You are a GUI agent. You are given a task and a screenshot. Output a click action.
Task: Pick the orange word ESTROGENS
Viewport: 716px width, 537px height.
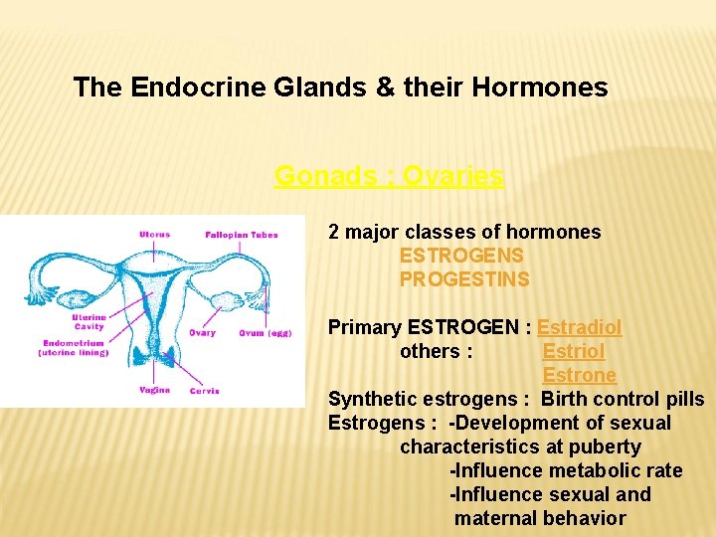(461, 256)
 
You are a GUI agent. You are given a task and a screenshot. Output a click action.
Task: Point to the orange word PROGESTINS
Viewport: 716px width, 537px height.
(464, 279)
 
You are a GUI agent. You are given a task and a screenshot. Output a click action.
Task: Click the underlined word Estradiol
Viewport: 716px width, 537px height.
(579, 327)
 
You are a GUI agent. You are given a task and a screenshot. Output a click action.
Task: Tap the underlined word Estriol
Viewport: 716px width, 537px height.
(573, 351)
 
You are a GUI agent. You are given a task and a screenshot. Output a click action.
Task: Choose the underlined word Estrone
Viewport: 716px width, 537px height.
(579, 375)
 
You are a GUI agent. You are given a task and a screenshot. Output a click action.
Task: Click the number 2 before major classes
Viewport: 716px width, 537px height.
(334, 232)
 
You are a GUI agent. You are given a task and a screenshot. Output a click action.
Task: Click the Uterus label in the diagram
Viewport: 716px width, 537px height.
(154, 235)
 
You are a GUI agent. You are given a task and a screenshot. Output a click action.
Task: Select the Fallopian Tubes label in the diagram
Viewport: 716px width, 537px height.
(241, 235)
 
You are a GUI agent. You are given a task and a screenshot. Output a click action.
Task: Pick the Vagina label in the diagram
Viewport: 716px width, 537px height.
(154, 390)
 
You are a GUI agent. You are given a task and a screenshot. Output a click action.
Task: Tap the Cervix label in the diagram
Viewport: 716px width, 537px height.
(204, 391)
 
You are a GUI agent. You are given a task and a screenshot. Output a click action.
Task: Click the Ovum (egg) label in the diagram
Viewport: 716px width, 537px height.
(265, 333)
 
